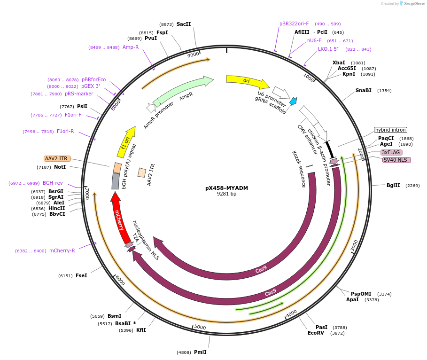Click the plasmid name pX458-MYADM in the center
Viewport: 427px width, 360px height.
click(x=226, y=188)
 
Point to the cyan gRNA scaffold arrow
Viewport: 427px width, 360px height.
click(x=293, y=101)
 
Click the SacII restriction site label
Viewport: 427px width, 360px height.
click(x=184, y=24)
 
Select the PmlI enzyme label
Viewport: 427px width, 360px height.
click(x=200, y=352)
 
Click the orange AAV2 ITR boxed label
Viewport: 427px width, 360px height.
click(x=57, y=158)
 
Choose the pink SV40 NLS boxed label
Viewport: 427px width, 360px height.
click(x=396, y=160)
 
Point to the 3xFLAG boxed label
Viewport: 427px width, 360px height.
click(x=391, y=152)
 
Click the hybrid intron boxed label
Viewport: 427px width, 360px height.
click(x=390, y=130)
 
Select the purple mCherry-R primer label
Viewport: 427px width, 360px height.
click(x=62, y=250)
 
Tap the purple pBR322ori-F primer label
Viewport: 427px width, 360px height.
click(x=294, y=23)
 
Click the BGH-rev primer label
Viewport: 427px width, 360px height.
click(x=53, y=183)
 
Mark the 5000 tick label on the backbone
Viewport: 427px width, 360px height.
click(x=201, y=327)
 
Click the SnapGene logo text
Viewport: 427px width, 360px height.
click(x=414, y=4)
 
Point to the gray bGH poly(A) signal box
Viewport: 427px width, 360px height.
click(x=116, y=181)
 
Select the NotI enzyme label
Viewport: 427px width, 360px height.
click(x=60, y=167)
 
